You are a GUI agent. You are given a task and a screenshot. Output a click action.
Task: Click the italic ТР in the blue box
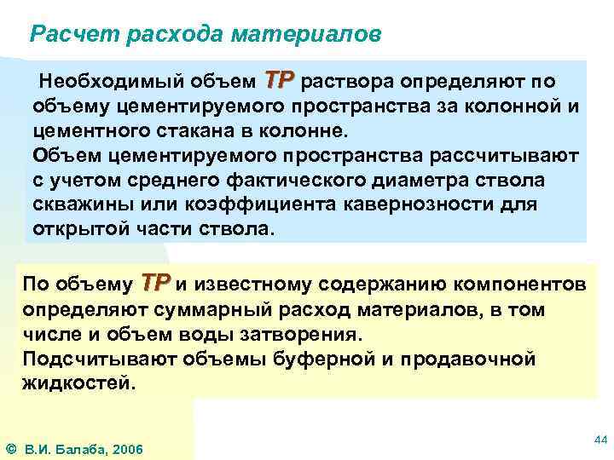[x=280, y=80]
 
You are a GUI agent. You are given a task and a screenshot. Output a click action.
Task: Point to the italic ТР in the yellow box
[x=156, y=282]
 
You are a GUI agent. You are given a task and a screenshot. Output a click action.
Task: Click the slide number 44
[x=600, y=440]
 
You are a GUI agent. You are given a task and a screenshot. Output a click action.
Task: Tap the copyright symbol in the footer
[x=10, y=449]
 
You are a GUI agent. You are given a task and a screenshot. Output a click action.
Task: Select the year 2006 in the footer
[x=126, y=449]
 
